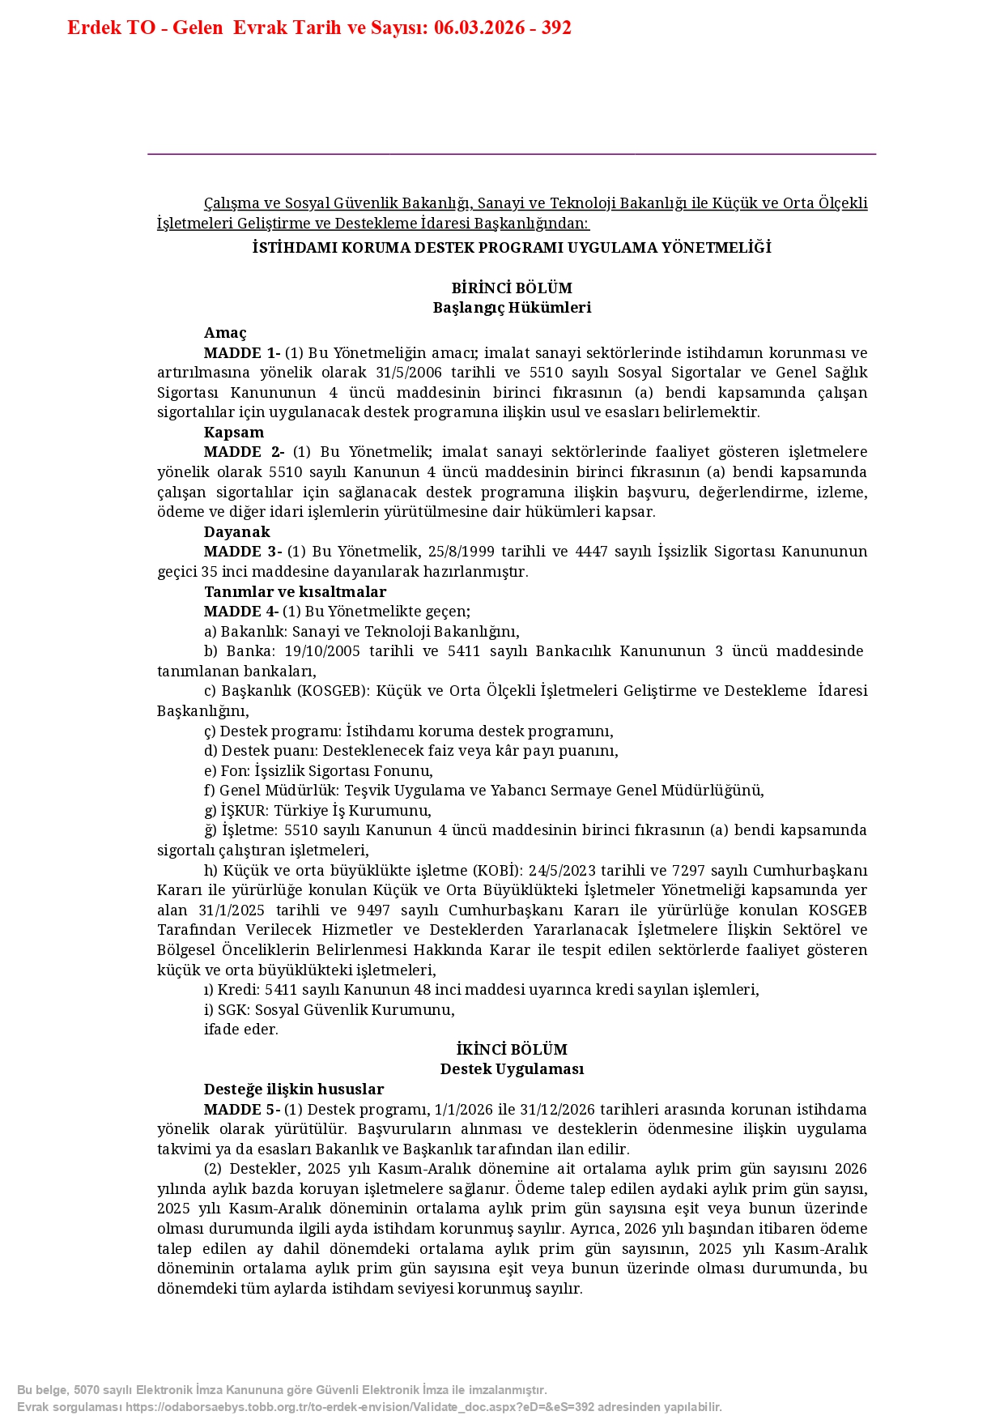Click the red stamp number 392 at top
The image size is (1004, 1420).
tap(556, 28)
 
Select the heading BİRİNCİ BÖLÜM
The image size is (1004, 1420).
tap(512, 288)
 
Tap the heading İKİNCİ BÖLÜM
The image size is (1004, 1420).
tap(512, 1049)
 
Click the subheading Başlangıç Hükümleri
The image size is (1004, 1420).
tap(512, 308)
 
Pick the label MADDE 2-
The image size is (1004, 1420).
tap(244, 452)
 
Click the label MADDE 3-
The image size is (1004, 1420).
tap(243, 552)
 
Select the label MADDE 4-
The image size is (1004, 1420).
tap(241, 612)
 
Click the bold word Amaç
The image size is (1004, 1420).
tap(225, 333)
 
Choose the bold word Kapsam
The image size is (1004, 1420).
tap(234, 433)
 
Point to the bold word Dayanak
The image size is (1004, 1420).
tap(237, 532)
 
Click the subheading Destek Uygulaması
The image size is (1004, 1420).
tap(512, 1069)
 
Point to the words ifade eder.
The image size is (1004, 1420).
tap(241, 1030)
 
